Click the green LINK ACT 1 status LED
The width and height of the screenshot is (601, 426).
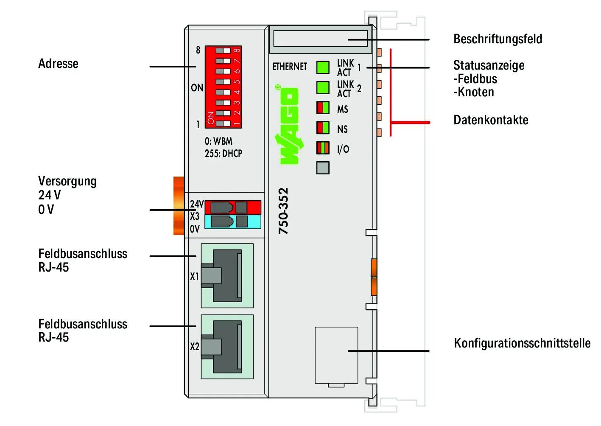323,67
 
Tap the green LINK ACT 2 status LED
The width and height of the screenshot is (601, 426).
323,87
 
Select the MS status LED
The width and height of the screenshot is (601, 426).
323,108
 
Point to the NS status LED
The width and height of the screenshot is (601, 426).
323,128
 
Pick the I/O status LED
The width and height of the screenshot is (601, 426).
323,148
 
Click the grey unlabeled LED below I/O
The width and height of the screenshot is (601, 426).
323,168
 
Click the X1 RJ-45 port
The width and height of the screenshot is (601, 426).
227,275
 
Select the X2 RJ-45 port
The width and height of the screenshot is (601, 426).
227,346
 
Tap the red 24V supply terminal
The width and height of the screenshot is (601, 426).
232,207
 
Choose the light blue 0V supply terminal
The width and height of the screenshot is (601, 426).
232,221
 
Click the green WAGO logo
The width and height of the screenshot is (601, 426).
289,125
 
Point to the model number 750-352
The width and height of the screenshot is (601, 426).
283,211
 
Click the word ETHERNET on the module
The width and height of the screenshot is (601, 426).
289,67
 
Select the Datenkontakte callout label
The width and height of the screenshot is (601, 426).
491,120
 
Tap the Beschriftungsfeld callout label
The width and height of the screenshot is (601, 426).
498,39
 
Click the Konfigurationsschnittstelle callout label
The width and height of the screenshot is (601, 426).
522,343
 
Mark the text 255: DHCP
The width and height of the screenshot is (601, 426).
223,153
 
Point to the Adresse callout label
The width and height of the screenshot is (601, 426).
58,64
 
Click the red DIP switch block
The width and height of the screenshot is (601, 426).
223,87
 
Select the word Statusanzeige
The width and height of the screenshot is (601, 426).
489,65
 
